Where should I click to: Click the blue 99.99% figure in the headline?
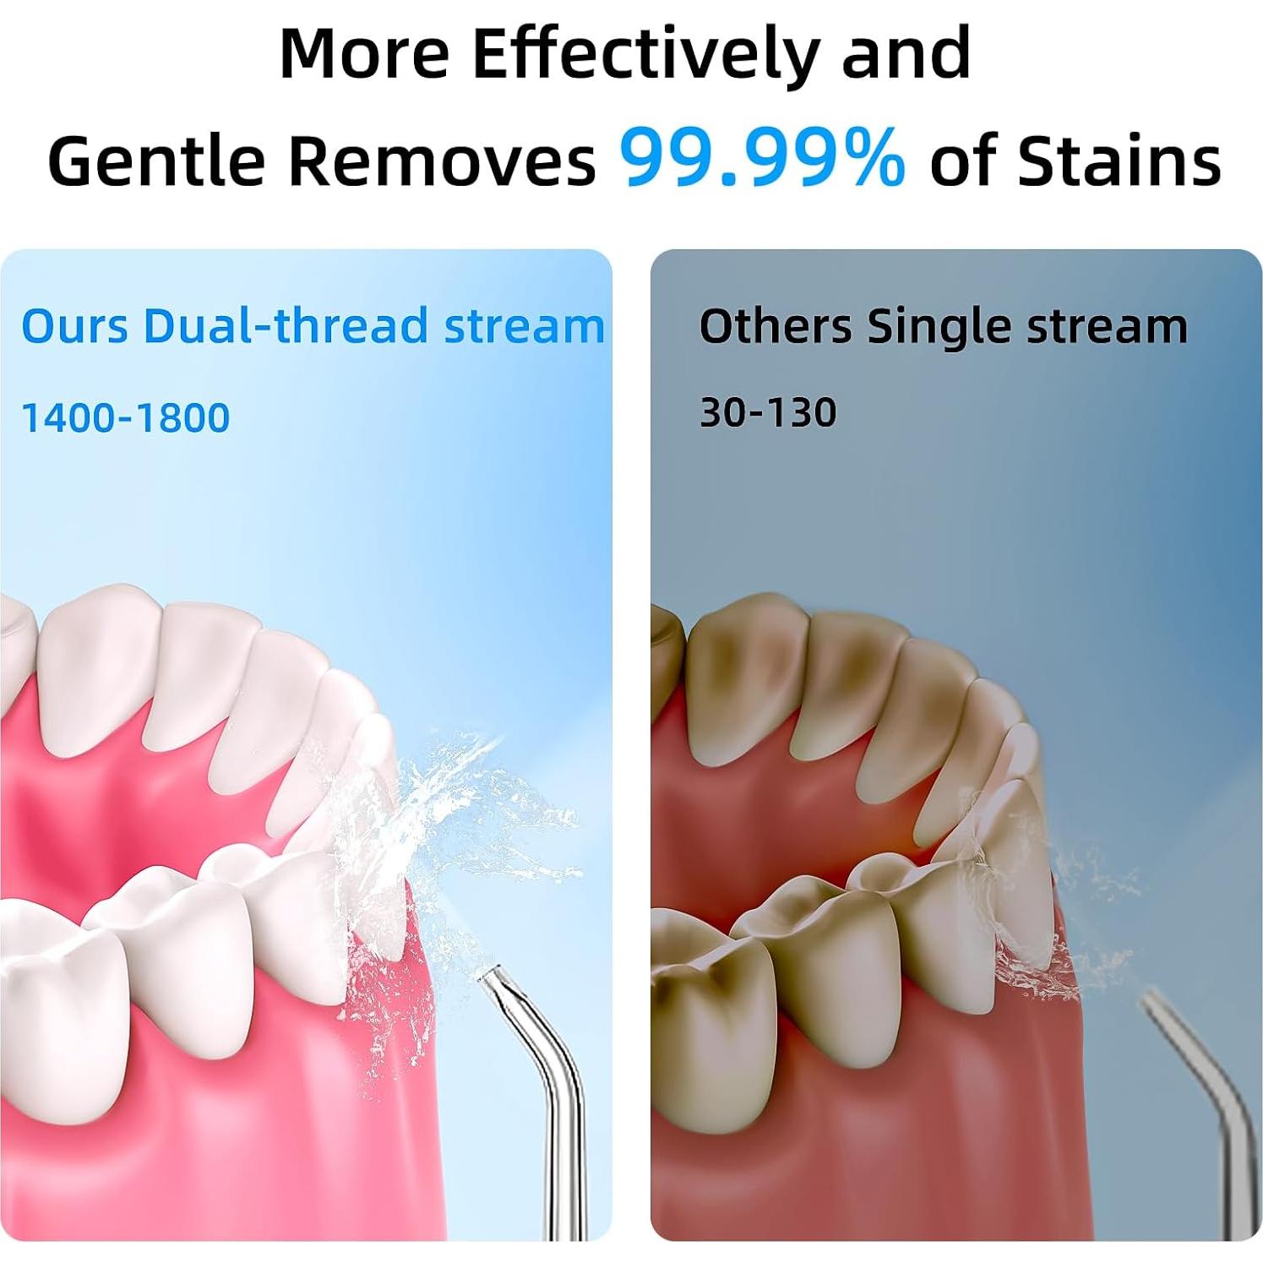tap(763, 159)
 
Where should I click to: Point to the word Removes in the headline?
tap(442, 161)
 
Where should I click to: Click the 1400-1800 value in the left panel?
tap(125, 417)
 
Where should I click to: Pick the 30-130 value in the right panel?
tap(768, 412)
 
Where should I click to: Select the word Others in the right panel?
tap(776, 326)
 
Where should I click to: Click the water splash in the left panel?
tap(439, 853)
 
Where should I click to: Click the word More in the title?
tap(364, 53)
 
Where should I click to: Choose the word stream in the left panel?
tap(525, 327)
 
